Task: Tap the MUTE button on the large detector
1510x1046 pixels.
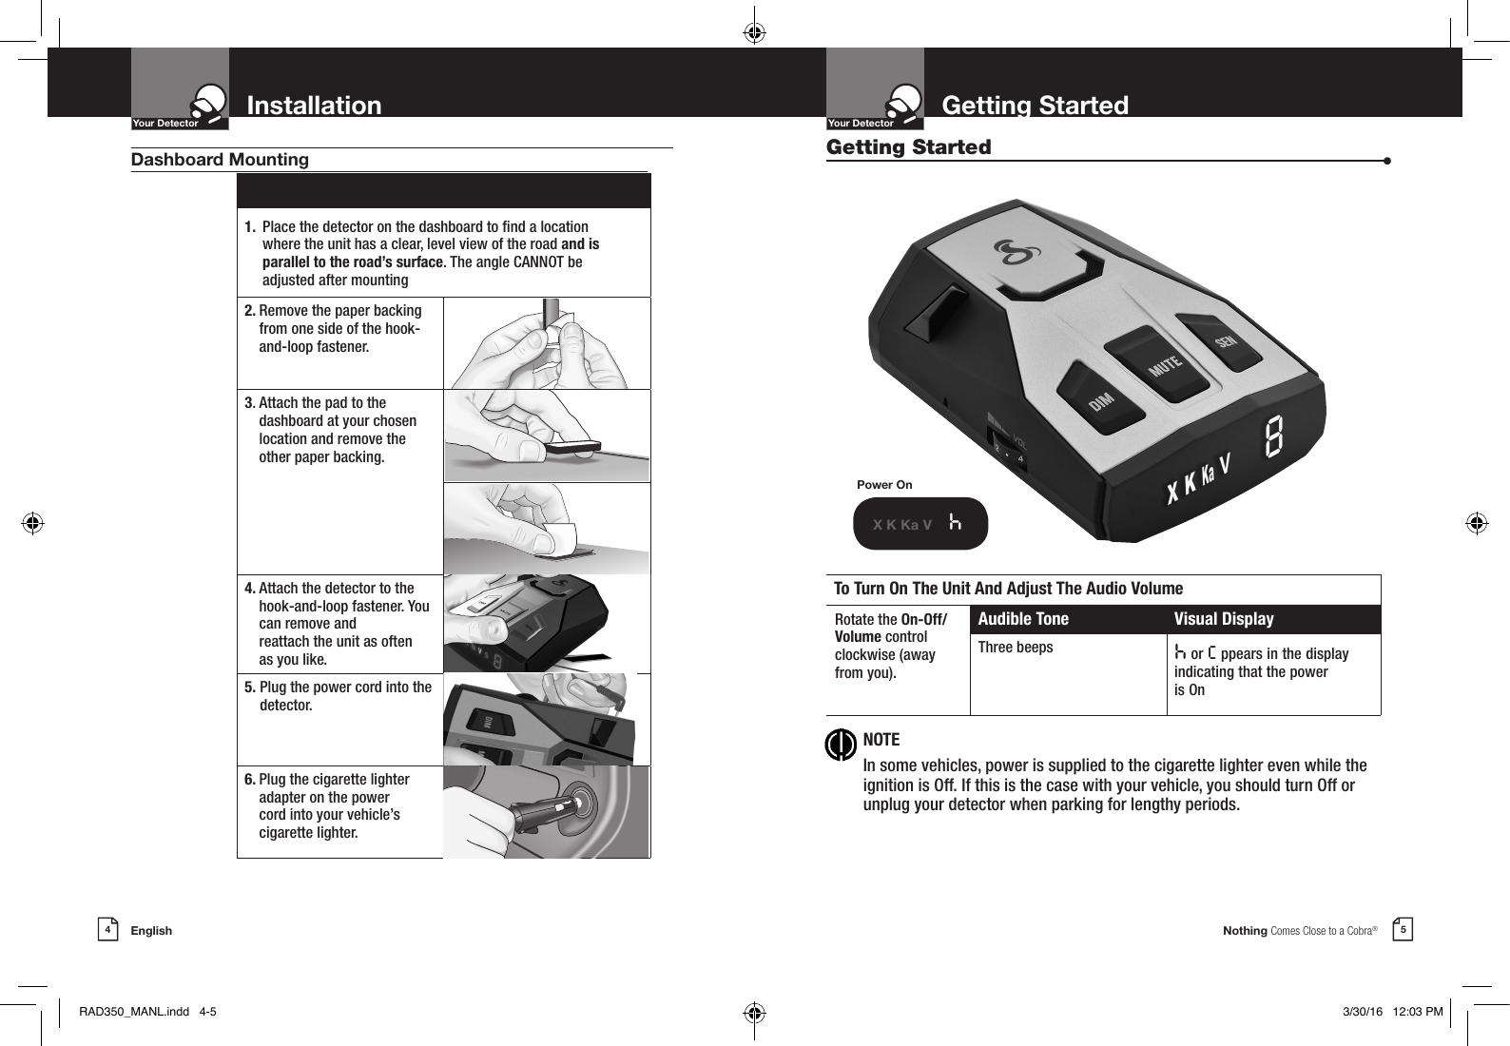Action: (1163, 363)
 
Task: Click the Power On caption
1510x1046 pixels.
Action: (884, 485)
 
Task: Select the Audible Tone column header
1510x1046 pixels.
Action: (1023, 619)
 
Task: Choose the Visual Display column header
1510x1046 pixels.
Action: (1224, 619)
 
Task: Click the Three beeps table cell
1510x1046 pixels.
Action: (1016, 648)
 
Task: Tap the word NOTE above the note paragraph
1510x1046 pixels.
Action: (881, 740)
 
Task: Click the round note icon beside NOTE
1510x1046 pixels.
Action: (841, 745)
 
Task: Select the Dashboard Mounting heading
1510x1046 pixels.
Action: (220, 160)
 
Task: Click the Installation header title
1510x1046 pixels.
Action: (314, 105)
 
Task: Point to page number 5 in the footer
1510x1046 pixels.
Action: (1403, 929)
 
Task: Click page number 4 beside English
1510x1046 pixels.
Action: (107, 929)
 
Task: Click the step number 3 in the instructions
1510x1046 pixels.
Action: (249, 403)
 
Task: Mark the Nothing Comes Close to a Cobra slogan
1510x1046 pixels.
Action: (1299, 931)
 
